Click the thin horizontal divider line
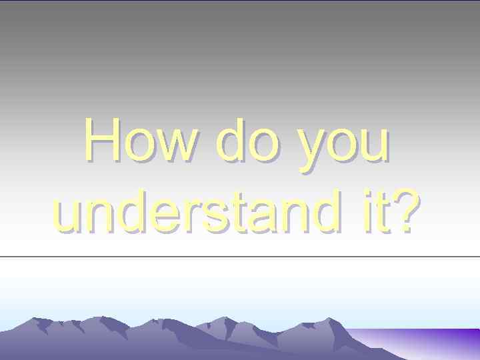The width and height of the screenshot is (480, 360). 240,256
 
